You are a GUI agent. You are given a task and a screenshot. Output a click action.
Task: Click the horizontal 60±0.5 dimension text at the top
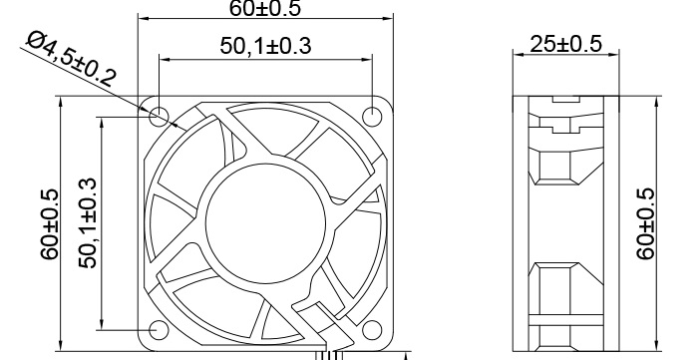(x=264, y=9)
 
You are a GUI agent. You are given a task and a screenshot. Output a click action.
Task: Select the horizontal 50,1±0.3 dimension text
(x=264, y=46)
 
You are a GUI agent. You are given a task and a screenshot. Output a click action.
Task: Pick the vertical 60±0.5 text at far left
(x=50, y=223)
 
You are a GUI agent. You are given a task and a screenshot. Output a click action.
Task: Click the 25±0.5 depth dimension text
(x=564, y=44)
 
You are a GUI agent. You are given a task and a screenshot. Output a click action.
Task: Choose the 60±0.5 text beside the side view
(x=646, y=223)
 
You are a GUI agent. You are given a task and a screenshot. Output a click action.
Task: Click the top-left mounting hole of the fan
(x=159, y=117)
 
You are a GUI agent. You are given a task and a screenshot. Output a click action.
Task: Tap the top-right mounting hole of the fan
(x=372, y=117)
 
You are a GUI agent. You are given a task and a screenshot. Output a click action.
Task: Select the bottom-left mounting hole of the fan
(x=159, y=330)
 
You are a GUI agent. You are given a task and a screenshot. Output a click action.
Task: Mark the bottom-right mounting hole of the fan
(x=372, y=330)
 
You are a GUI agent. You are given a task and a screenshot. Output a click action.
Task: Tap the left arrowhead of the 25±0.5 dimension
(x=518, y=57)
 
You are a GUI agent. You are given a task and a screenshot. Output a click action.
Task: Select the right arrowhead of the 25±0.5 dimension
(x=611, y=57)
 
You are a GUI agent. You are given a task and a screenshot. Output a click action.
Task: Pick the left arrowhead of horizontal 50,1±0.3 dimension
(x=164, y=58)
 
